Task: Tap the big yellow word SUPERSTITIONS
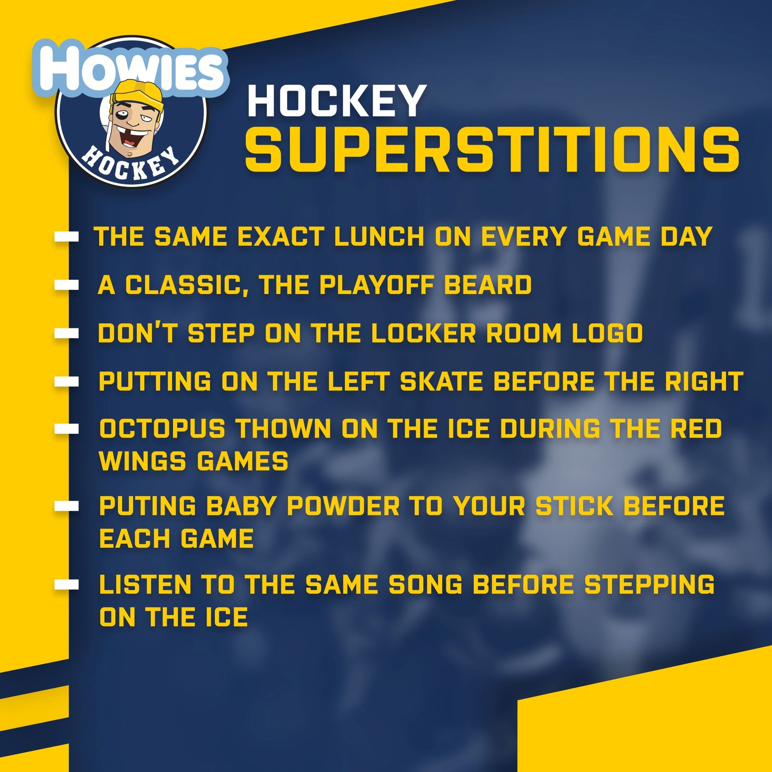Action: (492, 151)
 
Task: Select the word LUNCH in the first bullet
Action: (379, 236)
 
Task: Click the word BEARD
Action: (487, 285)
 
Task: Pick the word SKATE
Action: (441, 381)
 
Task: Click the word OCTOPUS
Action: (162, 428)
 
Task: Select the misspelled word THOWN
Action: (283, 428)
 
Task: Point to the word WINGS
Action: (142, 461)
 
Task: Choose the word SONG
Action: (425, 585)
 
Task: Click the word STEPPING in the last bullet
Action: (649, 585)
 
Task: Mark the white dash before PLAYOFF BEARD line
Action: (67, 285)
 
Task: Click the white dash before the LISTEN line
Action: (67, 585)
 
